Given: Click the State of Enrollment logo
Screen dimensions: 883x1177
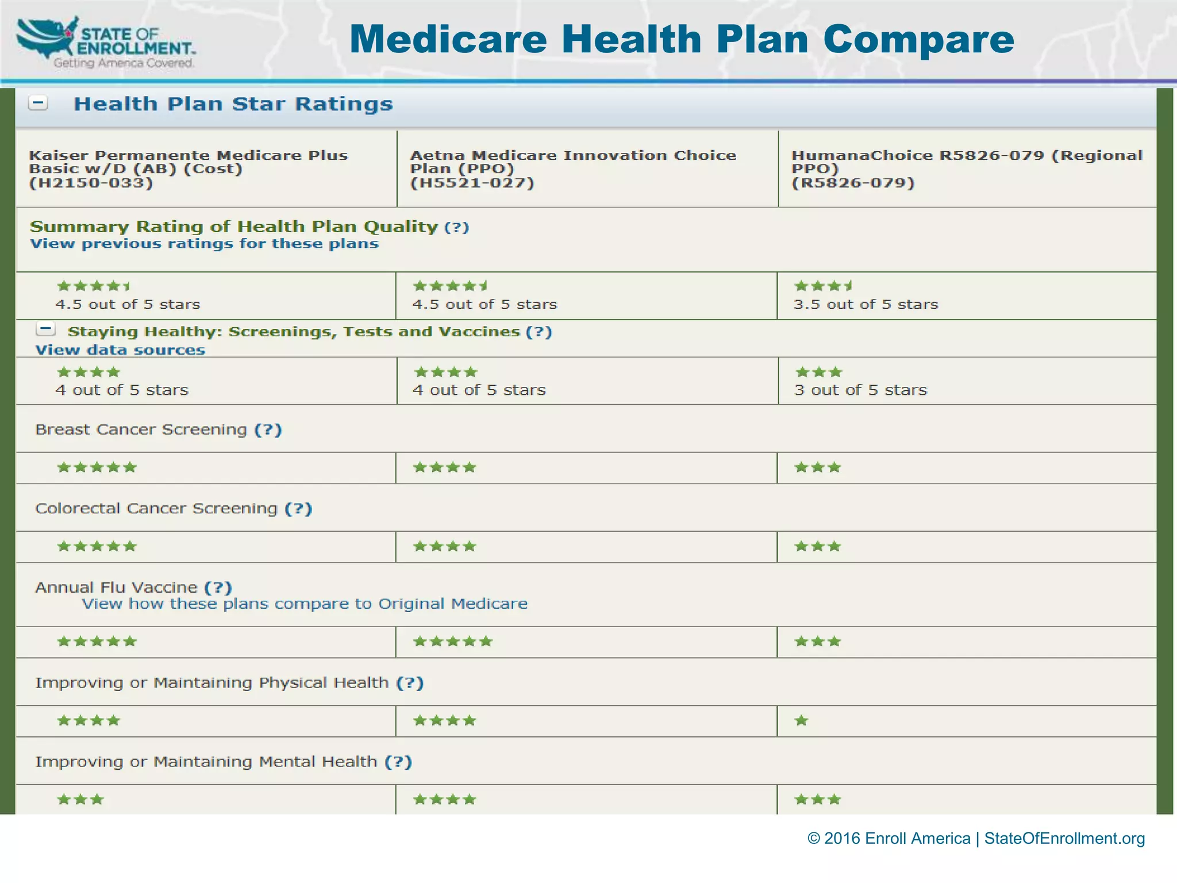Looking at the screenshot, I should click(x=106, y=43).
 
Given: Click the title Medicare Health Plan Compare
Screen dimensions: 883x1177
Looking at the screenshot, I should click(x=682, y=39).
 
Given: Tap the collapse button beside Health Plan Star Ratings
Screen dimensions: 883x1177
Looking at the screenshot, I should click(x=39, y=103).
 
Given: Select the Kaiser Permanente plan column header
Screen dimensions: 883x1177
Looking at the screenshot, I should click(x=189, y=169).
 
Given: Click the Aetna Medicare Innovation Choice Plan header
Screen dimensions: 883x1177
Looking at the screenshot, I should click(x=572, y=169).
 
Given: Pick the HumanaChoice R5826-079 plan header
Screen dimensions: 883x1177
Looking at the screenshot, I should click(x=967, y=169).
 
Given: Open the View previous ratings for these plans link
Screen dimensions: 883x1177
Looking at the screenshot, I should click(x=204, y=244).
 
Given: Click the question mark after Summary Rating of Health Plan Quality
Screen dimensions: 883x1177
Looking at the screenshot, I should click(x=457, y=227).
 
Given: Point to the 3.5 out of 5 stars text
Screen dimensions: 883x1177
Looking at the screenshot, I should click(x=866, y=304).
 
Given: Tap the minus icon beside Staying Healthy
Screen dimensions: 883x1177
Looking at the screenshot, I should click(x=45, y=329).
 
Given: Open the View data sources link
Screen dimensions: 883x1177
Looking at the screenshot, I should click(x=120, y=350).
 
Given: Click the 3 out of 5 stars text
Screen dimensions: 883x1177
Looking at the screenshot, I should click(x=860, y=390).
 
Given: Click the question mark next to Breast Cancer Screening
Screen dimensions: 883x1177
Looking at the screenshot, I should click(x=268, y=429).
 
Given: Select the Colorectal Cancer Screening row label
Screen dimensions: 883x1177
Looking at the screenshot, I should click(x=156, y=508).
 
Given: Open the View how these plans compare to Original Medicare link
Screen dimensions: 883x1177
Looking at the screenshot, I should click(x=305, y=604).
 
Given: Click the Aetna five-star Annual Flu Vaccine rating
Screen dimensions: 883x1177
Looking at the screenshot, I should click(x=453, y=642).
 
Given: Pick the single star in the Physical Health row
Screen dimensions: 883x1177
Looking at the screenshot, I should click(x=802, y=721).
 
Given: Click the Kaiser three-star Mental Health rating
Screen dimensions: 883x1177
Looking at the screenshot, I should click(x=80, y=800).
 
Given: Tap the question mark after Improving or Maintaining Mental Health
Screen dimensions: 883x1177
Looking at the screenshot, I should click(x=398, y=762).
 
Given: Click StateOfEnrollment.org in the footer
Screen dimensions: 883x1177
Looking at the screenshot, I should click(x=1064, y=838).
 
